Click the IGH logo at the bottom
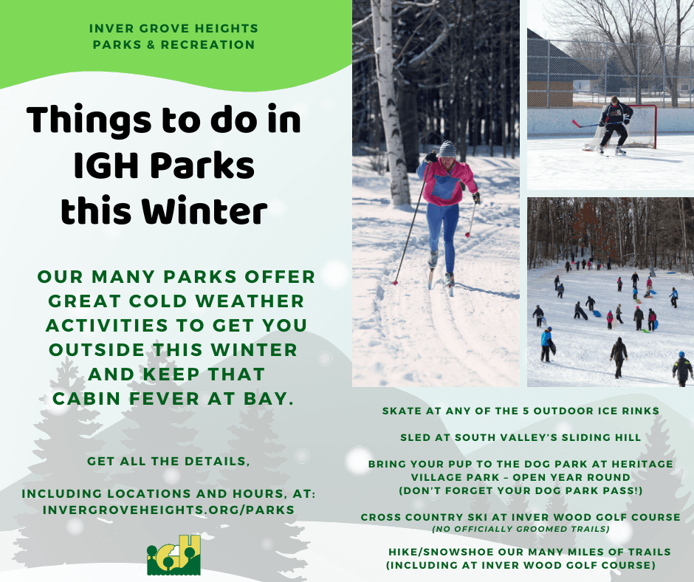click(x=173, y=555)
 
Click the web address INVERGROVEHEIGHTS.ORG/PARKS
click(x=169, y=510)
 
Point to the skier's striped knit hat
click(x=447, y=148)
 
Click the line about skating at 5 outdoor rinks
click(x=520, y=410)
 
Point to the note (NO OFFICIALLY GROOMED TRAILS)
click(x=520, y=528)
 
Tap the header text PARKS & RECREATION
click(x=173, y=44)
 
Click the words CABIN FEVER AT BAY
click(x=173, y=398)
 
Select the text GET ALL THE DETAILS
click(x=169, y=462)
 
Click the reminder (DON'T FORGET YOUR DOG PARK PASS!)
click(x=520, y=490)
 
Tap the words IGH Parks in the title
click(x=164, y=167)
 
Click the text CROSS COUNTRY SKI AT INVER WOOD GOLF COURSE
click(x=520, y=517)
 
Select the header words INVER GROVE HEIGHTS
click(x=173, y=28)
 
